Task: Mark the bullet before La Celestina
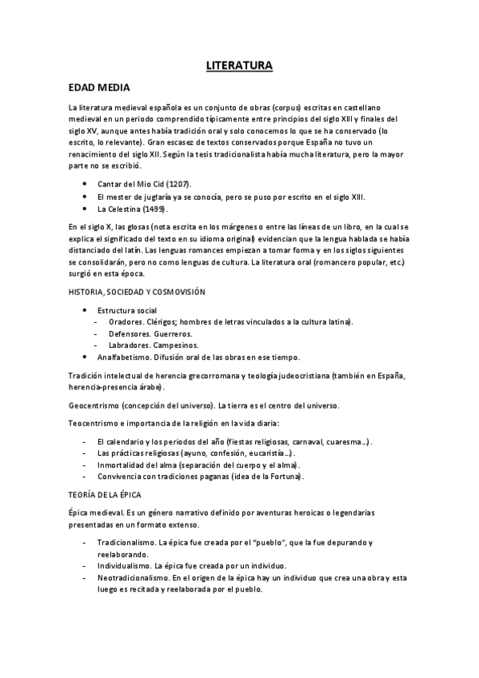point(86,209)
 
